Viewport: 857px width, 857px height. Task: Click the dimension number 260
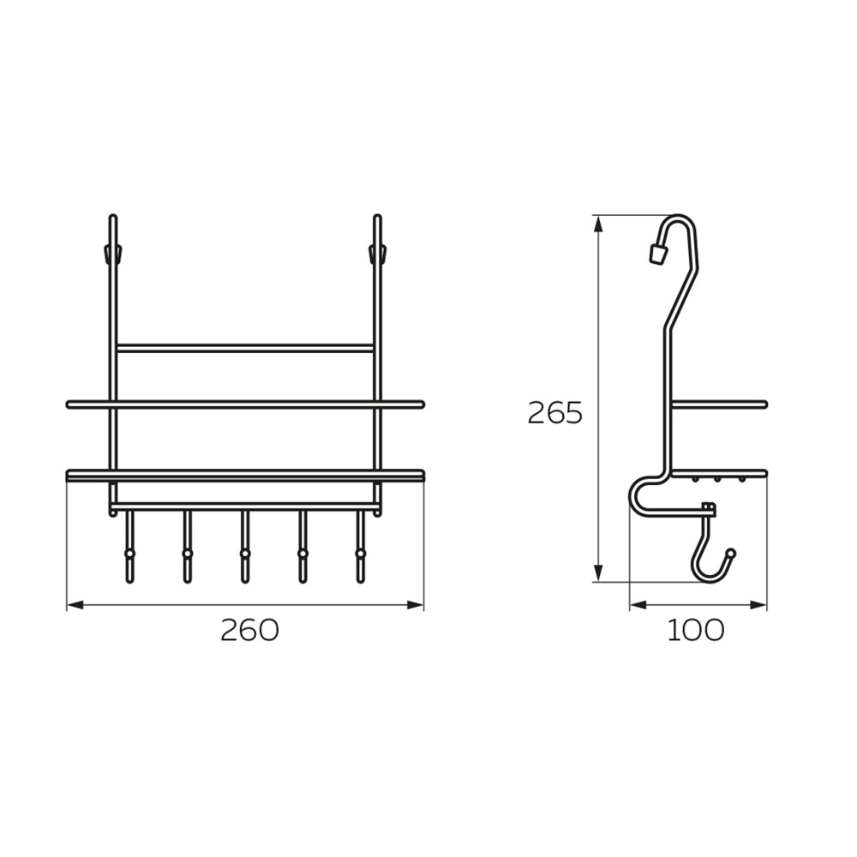(249, 630)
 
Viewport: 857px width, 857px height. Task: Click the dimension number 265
(555, 413)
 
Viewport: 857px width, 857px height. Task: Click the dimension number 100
(696, 630)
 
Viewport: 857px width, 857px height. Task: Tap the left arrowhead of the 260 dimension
(75, 605)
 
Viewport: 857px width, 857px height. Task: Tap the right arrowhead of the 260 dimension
(416, 605)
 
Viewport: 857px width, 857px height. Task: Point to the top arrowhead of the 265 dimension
(599, 225)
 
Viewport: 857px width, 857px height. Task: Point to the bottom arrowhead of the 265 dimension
(599, 572)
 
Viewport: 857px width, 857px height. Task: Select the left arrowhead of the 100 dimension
(638, 605)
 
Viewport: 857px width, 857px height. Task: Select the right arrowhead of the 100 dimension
(758, 605)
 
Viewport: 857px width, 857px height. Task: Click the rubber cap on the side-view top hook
(658, 255)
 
